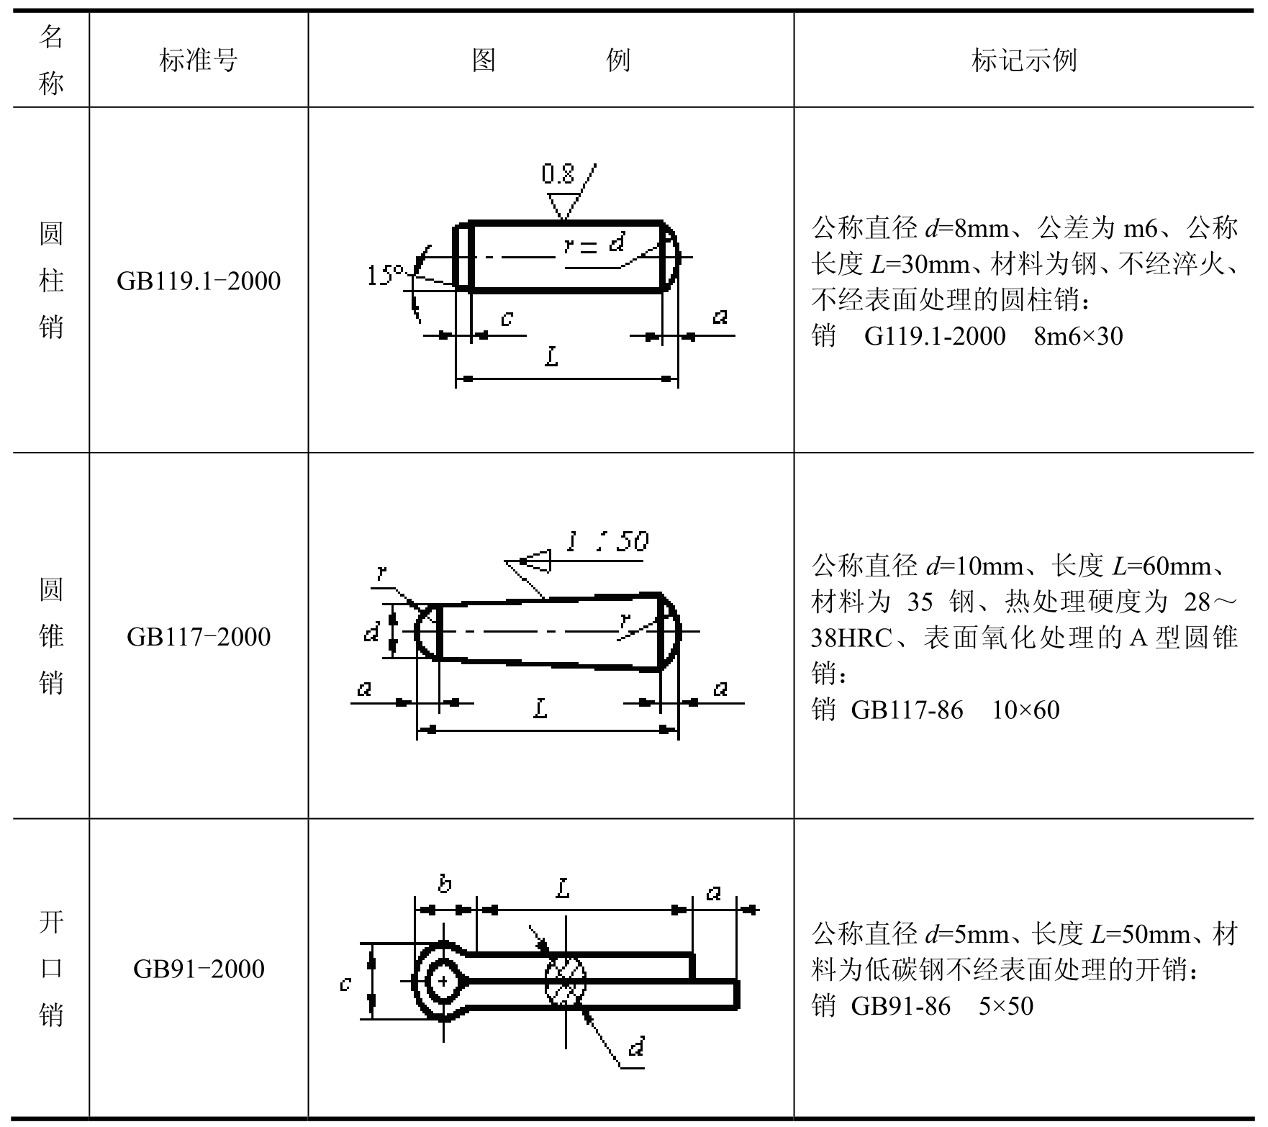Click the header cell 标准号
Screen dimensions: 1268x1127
[x=199, y=60]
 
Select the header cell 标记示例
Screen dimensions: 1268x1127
[x=1023, y=60]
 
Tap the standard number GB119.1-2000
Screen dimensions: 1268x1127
[x=199, y=281]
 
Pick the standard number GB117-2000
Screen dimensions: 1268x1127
[x=199, y=637]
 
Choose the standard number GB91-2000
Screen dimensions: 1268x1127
[x=199, y=969]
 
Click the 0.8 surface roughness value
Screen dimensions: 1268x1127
[x=558, y=174]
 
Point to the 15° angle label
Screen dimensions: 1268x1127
[x=386, y=275]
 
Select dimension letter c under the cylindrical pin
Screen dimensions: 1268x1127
[x=507, y=317]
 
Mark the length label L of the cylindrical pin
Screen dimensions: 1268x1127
[x=551, y=356]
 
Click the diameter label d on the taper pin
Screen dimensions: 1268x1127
[x=371, y=633]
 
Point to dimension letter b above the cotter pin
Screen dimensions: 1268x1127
[x=445, y=884]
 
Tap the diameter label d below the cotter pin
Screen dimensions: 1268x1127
[x=636, y=1046]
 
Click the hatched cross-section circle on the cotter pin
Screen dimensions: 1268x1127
[x=566, y=980]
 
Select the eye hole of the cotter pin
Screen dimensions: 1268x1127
[x=443, y=980]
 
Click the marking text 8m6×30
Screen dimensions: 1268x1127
[x=1078, y=336]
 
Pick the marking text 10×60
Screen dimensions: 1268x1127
[x=1025, y=710]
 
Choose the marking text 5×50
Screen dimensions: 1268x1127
[x=1006, y=1006]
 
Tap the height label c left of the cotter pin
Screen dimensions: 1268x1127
[x=345, y=983]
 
